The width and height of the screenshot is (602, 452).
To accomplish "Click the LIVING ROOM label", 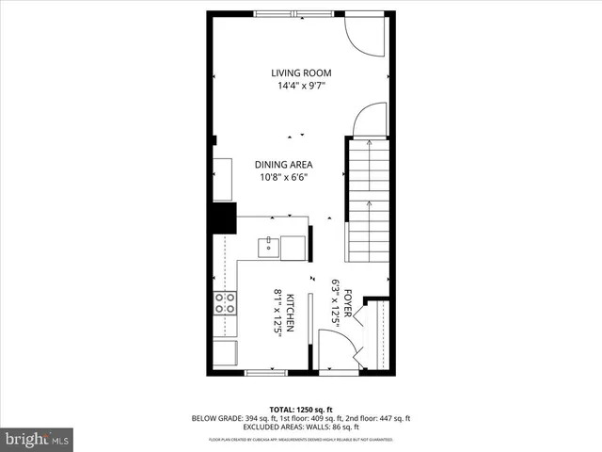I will click(301, 73).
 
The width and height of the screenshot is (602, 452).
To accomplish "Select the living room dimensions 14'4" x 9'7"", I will click(301, 86).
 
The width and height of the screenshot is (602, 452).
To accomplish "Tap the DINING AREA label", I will click(283, 164).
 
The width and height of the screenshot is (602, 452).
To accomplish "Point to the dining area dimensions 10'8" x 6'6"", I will click(283, 176).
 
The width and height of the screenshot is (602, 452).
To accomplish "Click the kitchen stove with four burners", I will click(226, 303).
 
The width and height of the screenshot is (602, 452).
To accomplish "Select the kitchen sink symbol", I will click(269, 247).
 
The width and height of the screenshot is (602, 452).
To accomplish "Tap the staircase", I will click(367, 200).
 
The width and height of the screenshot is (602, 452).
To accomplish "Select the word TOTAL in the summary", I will click(282, 410).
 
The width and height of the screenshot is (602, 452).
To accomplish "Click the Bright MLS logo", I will click(37, 439).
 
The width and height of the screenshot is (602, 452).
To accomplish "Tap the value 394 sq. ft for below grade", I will click(261, 418).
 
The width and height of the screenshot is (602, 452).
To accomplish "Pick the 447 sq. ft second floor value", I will click(392, 418).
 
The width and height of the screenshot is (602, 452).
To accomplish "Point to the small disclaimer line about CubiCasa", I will click(301, 439).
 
